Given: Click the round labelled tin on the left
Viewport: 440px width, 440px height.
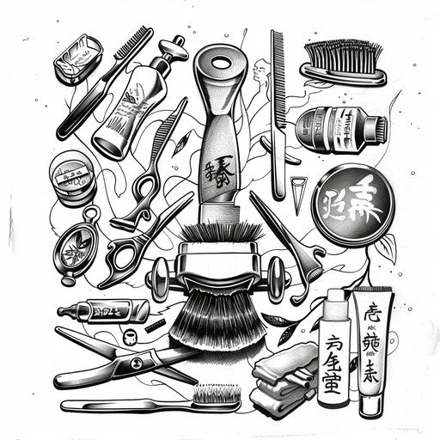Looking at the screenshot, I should [x=71, y=176].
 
